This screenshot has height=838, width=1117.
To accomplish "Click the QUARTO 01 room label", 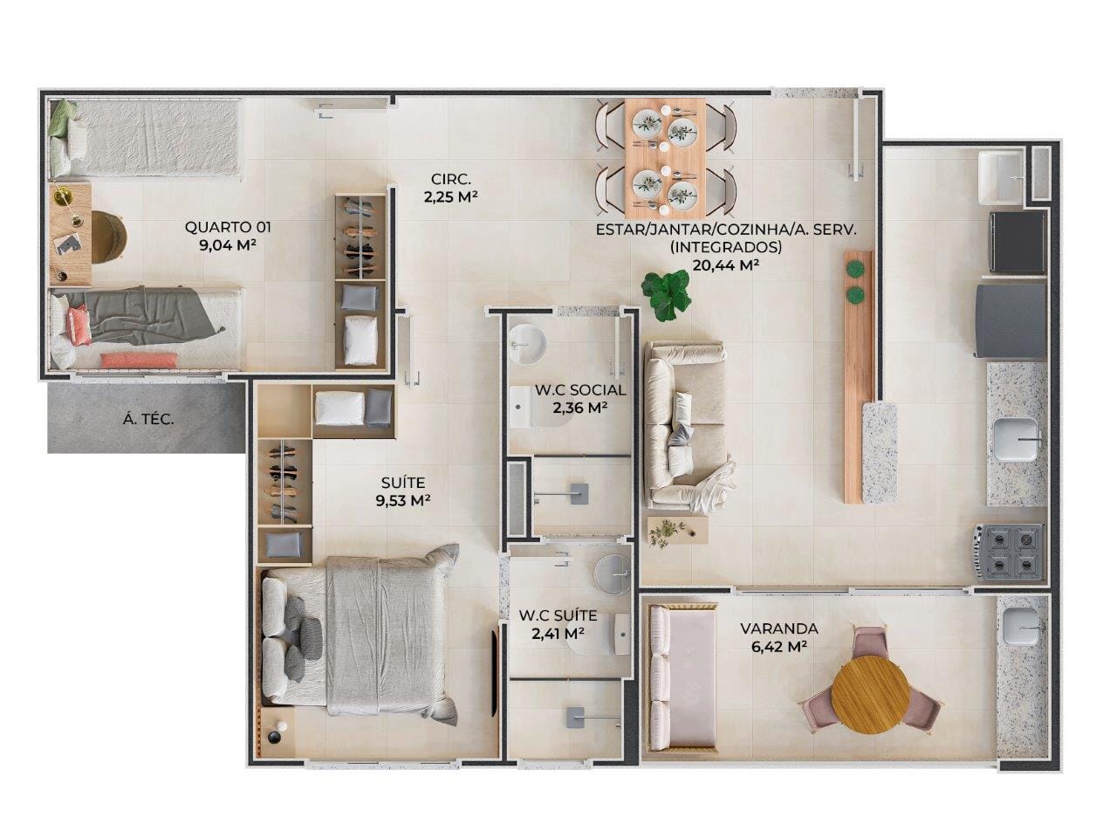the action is click(x=228, y=227).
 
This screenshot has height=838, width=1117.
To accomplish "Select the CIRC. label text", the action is click(x=451, y=179).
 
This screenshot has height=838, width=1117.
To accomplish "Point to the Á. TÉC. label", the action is click(x=148, y=420).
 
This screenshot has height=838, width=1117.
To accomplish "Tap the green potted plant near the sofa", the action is click(x=665, y=294).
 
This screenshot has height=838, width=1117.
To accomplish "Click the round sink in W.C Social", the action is click(x=527, y=345).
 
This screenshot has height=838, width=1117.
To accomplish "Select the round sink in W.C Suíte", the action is click(x=613, y=574).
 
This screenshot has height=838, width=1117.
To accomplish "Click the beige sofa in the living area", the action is click(x=687, y=426).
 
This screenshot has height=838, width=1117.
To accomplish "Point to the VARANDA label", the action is click(x=778, y=628).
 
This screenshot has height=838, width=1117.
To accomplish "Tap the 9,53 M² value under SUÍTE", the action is click(x=403, y=501).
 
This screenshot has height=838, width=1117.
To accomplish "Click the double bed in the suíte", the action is click(x=360, y=633).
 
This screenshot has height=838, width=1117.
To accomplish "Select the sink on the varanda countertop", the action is click(x=1020, y=628).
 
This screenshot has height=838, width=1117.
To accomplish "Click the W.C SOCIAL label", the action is click(x=580, y=390).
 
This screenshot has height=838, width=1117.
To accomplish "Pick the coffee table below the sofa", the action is click(x=677, y=531).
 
